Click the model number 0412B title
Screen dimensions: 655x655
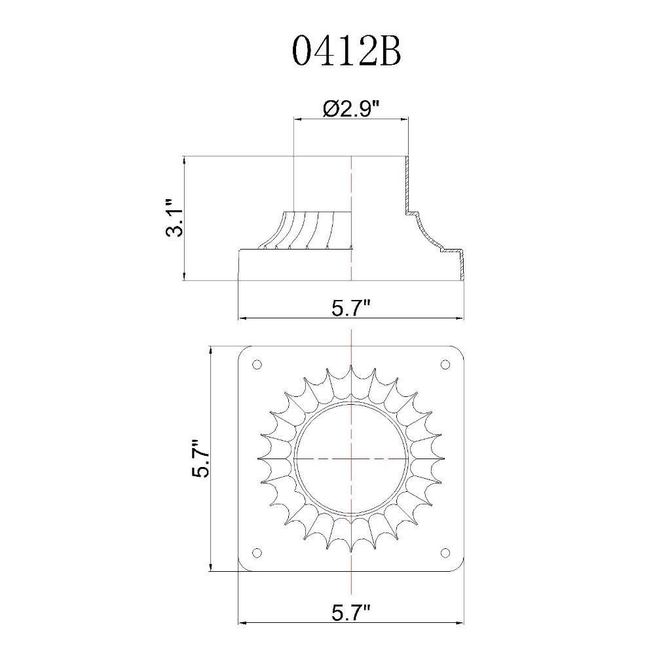346,51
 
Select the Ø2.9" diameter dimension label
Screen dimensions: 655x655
351,109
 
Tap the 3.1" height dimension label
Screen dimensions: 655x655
175,218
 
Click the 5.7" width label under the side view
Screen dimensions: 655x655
351,309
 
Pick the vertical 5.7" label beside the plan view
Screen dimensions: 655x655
200,458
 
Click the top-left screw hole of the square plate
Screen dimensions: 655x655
257,365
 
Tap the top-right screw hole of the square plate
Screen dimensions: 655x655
445,365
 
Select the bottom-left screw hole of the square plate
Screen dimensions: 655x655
257,553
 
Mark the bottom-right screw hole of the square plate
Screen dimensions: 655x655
445,553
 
